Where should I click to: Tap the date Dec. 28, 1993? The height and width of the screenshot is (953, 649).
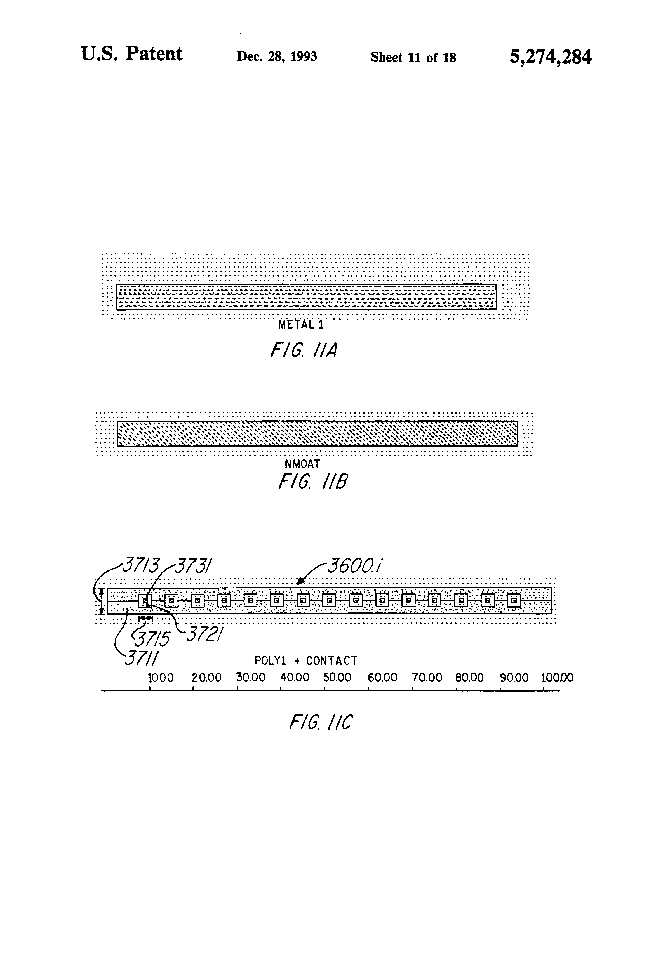pos(276,56)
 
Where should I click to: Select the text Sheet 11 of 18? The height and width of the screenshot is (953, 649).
pos(413,57)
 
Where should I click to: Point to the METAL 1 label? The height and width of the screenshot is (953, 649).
pos(301,325)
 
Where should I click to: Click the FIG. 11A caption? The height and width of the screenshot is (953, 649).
pos(304,350)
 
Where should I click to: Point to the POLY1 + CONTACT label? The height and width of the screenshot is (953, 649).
pos(306,661)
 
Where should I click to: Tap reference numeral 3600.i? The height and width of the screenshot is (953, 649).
pos(354,566)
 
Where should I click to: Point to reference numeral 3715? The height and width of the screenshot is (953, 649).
pos(153,638)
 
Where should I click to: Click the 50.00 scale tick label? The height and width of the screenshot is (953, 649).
pos(337,678)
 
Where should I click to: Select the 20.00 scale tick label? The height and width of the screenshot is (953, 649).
pos(206,678)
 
